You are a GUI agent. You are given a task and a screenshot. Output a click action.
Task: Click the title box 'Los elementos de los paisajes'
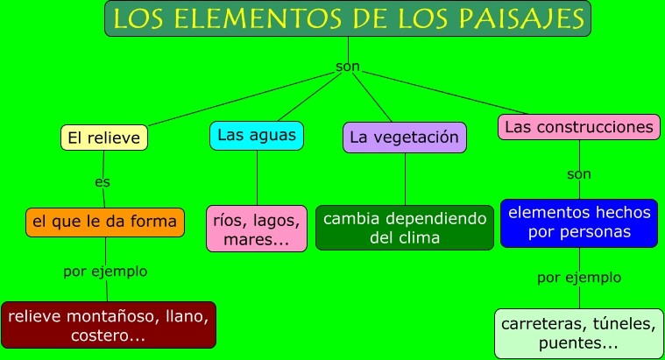point(348,18)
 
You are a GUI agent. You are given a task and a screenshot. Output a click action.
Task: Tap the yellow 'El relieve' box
point(103,138)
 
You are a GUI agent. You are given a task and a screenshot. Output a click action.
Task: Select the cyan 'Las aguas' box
point(257,135)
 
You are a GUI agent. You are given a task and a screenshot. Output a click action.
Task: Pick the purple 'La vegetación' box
point(404,138)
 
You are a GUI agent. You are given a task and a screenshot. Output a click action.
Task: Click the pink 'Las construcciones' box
point(579,127)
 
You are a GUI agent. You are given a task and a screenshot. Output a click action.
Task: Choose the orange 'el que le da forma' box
point(105,222)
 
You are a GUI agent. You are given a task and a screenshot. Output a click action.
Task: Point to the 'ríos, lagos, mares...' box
point(257,229)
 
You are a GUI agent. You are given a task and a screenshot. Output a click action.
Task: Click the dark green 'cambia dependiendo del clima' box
point(404,228)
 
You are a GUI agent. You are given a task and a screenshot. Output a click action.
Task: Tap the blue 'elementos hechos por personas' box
point(579,222)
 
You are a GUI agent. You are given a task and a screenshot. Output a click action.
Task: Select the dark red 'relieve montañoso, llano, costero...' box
point(109,324)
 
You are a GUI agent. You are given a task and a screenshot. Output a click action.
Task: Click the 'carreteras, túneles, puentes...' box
point(578,334)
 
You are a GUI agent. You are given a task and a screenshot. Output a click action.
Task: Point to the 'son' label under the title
point(348,67)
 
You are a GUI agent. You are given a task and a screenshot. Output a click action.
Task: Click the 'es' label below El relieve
point(103,182)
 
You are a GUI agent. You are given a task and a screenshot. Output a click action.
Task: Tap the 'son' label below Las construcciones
point(579,173)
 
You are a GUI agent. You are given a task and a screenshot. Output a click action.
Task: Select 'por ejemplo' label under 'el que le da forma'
point(105,272)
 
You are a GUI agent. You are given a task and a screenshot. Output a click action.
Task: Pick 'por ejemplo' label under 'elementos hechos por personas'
point(579,278)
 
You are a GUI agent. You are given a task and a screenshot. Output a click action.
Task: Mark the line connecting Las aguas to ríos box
point(257,178)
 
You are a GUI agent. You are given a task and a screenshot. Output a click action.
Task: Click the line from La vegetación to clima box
point(405,180)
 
